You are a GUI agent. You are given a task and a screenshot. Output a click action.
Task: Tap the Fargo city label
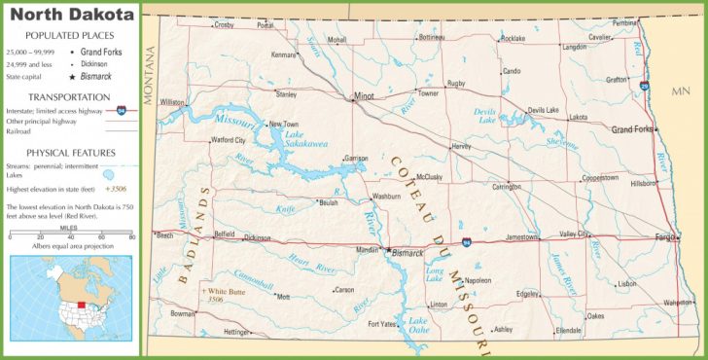(666, 236)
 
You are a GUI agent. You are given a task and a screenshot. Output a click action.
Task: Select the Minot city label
(364, 96)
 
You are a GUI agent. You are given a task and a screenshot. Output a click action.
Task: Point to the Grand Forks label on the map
(632, 128)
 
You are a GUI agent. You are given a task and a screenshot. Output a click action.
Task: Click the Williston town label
(172, 101)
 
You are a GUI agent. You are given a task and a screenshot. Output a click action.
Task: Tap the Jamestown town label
(521, 236)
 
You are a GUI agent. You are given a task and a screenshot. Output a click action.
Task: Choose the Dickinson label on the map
(257, 236)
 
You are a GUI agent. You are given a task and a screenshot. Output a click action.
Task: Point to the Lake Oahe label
(418, 326)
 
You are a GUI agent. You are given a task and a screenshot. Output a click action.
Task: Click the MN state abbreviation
(680, 91)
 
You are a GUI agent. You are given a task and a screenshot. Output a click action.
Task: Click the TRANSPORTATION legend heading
(68, 97)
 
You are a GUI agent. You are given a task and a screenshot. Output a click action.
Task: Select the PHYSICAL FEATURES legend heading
(71, 153)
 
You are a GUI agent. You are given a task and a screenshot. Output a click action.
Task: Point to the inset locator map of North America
(70, 299)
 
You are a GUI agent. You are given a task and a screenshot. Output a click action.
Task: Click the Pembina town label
(625, 22)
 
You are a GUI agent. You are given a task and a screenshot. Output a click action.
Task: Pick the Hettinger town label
(236, 333)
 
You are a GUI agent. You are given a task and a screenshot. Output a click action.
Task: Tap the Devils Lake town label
(543, 110)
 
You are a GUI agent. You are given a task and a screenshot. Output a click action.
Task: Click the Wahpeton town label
(678, 303)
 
